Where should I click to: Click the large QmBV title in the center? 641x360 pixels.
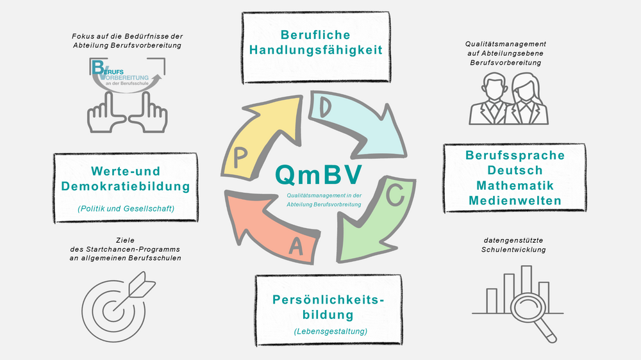tap(319, 175)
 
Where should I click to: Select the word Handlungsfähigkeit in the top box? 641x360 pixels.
tap(316, 50)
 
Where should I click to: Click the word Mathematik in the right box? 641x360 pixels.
tap(515, 186)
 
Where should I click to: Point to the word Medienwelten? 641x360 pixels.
tap(515, 200)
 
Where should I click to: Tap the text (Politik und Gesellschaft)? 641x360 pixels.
tap(126, 209)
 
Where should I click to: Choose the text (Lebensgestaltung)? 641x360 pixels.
tap(330, 331)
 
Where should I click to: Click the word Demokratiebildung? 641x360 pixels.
tap(126, 186)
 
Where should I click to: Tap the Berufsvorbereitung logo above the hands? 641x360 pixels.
tap(127, 75)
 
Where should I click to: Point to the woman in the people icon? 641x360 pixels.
tap(526, 99)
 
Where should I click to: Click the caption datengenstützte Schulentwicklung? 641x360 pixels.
tap(513, 245)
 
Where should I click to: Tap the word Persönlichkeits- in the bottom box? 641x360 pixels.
tap(328, 300)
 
